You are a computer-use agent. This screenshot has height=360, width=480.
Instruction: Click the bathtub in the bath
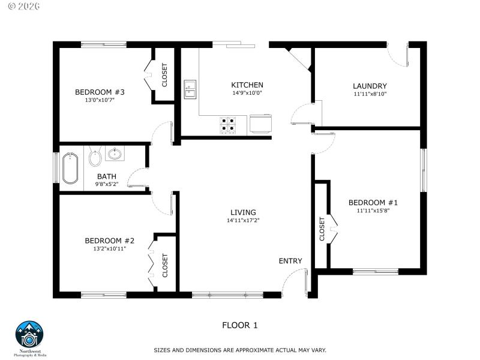click(70, 167)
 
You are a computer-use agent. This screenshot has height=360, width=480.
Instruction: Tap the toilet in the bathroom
click(95, 158)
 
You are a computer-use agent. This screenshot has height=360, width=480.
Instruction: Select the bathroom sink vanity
click(114, 154)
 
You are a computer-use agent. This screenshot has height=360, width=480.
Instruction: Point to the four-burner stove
click(228, 123)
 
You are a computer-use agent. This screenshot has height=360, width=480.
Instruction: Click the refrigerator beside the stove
click(262, 123)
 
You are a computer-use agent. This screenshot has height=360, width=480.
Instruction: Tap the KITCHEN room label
click(247, 85)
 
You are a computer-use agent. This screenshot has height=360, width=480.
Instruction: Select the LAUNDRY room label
click(370, 86)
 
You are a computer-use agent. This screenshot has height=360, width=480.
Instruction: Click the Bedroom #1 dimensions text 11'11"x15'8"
click(373, 211)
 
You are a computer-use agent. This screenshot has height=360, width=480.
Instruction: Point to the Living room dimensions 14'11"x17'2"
click(243, 220)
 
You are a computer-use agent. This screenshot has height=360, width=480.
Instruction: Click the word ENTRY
click(290, 261)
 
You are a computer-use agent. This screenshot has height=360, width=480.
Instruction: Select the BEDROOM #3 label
click(100, 92)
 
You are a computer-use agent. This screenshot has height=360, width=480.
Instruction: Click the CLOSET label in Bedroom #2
click(165, 265)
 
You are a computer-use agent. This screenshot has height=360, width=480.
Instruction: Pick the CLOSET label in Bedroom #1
click(322, 229)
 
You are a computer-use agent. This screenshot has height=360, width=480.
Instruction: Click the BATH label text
click(107, 176)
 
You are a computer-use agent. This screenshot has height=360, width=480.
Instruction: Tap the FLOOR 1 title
click(239, 325)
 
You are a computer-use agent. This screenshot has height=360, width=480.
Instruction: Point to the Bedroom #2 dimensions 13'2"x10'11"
click(105, 248)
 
